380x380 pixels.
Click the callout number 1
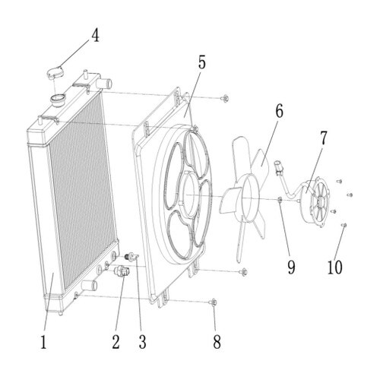[x=44, y=342]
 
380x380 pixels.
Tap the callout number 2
[x=116, y=342]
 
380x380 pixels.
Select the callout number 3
[x=142, y=342]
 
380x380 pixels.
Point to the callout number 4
[x=95, y=36]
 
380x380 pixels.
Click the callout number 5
[x=202, y=62]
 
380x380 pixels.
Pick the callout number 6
[x=279, y=111]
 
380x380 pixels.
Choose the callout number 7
[x=323, y=138]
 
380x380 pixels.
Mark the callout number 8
[x=217, y=342]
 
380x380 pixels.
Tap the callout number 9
[x=291, y=267]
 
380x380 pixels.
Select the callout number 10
[x=335, y=267]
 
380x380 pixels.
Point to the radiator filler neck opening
[x=58, y=98]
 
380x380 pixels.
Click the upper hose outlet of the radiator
[x=106, y=84]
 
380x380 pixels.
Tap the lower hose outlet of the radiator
[x=89, y=286]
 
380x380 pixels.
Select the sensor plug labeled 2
[x=122, y=271]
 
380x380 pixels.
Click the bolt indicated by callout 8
[x=213, y=302]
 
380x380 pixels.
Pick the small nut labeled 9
[x=280, y=200]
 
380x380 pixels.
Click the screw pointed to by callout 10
[x=344, y=225]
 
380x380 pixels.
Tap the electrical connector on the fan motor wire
[x=278, y=166]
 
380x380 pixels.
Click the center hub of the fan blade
[x=250, y=198]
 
